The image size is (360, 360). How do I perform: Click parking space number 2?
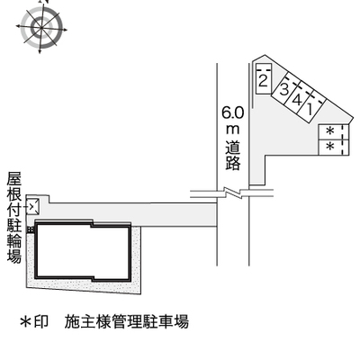tap(264, 79)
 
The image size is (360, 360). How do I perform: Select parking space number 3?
tap(283, 88)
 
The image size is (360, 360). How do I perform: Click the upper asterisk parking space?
tap(334, 132)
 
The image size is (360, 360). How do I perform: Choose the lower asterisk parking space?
tap(334, 148)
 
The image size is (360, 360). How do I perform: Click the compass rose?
tap(41, 28)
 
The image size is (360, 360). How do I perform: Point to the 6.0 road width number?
tap(233, 113)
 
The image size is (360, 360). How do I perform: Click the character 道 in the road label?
tap(233, 147)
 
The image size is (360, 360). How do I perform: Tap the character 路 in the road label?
tap(233, 163)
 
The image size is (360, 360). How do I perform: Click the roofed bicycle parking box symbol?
tap(32, 206)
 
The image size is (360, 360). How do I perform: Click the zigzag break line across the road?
tap(233, 193)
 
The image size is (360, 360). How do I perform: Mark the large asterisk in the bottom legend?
tap(25, 322)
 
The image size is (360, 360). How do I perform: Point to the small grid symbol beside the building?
tap(31, 229)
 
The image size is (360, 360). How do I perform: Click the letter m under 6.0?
tap(233, 130)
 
